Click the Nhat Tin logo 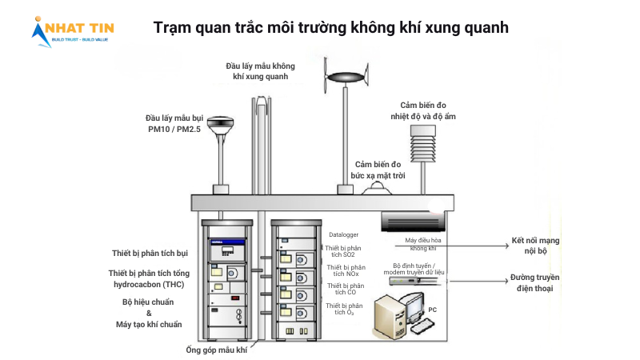pyautogui.click(x=73, y=30)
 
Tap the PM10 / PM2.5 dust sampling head pyautogui.click(x=219, y=126)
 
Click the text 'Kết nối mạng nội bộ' pyautogui.click(x=535, y=245)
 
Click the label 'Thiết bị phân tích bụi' pyautogui.click(x=150, y=254)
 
